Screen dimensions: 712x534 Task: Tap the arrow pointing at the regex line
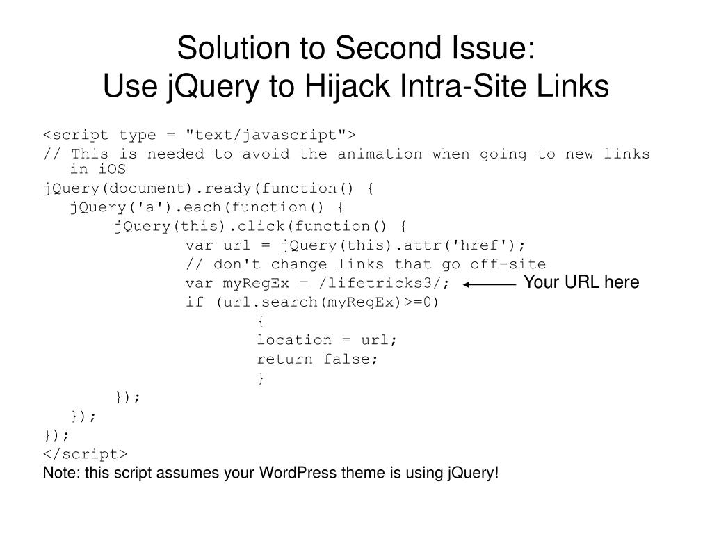point(489,284)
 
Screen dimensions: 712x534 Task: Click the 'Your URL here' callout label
point(581,282)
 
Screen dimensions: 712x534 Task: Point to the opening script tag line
point(199,134)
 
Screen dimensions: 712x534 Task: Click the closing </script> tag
point(85,454)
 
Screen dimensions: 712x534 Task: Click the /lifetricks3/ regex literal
point(385,284)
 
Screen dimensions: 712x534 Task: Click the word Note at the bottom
point(60,473)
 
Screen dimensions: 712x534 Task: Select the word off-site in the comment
point(508,264)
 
